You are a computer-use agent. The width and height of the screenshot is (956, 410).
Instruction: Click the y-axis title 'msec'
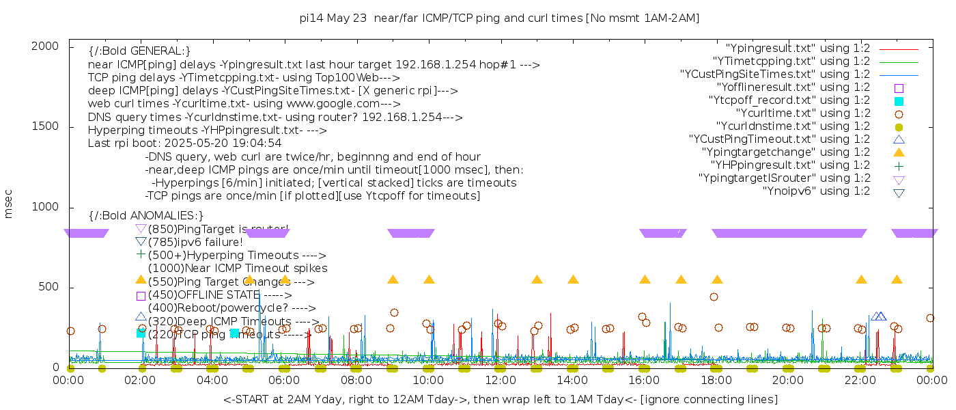click(x=9, y=206)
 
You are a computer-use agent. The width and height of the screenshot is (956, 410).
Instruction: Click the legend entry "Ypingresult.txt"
click(x=798, y=49)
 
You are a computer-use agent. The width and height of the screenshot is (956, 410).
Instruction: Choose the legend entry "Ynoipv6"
click(x=816, y=191)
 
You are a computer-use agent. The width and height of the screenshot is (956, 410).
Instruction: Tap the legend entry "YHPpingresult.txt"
click(x=790, y=165)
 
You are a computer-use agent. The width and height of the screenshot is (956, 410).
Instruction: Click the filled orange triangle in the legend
click(x=899, y=152)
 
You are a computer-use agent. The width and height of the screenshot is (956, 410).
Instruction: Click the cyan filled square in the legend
click(x=899, y=100)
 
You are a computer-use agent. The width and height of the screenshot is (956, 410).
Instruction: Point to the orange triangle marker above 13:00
click(x=537, y=279)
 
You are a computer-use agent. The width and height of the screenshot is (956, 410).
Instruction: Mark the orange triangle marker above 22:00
click(x=861, y=279)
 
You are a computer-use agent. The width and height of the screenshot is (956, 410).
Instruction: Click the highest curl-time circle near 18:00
click(x=714, y=297)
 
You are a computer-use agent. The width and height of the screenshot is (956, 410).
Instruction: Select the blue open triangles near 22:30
click(x=879, y=316)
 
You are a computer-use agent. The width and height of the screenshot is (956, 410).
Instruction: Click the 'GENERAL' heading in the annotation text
click(x=139, y=51)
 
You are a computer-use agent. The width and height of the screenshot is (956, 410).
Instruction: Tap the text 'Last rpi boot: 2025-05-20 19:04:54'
click(x=184, y=143)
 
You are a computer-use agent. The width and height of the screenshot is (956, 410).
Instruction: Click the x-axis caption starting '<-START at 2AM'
click(x=500, y=399)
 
